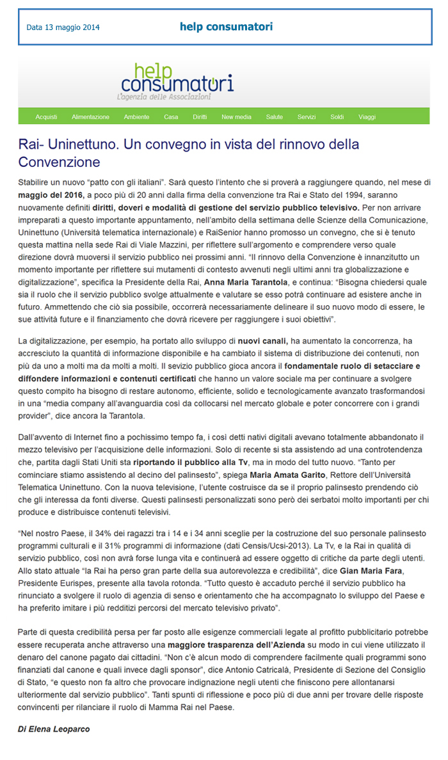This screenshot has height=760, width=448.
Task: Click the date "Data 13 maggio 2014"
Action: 63,28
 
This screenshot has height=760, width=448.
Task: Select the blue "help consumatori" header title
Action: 226,27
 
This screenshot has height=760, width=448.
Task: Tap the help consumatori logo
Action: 177,81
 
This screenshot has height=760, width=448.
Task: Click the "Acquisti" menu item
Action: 47,117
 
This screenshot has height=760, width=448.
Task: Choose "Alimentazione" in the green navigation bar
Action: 90,117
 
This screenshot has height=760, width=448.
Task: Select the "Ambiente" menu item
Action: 136,117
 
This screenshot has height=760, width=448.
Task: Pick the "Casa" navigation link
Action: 171,117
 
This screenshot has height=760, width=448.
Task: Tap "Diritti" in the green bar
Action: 200,117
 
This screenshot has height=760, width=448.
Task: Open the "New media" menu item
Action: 236,117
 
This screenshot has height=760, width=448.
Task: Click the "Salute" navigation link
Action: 275,117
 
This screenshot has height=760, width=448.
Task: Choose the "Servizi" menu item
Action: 307,117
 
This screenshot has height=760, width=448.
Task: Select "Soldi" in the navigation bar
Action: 337,117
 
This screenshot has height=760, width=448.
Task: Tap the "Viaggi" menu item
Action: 367,117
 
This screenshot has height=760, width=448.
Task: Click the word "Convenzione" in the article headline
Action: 60,161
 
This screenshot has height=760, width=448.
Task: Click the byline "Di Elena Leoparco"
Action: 53,729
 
